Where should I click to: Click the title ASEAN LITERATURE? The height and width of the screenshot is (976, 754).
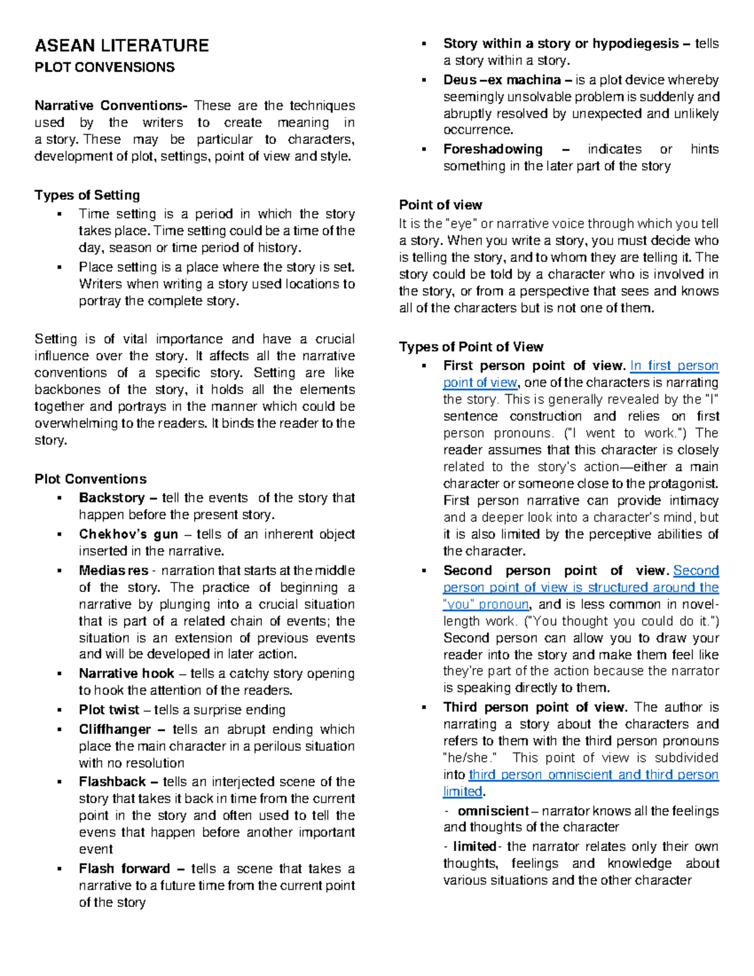click(x=121, y=45)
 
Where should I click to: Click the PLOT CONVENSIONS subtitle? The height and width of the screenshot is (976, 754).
click(x=104, y=67)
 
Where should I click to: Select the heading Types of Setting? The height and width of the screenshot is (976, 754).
click(x=87, y=195)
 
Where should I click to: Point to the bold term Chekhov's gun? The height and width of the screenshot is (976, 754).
click(x=128, y=534)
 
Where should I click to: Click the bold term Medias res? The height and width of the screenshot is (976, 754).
click(x=113, y=571)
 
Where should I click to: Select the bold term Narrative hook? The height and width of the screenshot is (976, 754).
click(x=126, y=673)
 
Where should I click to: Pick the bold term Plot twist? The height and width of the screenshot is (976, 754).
click(x=109, y=710)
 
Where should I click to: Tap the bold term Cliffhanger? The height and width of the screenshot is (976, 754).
click(x=115, y=729)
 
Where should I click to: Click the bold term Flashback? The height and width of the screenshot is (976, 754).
click(x=112, y=782)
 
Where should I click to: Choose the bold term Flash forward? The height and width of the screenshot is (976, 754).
click(x=124, y=869)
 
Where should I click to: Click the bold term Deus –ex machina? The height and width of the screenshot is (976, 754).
click(x=502, y=80)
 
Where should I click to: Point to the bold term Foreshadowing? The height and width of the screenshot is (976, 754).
click(x=493, y=149)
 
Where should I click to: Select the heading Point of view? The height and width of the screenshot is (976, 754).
click(x=440, y=205)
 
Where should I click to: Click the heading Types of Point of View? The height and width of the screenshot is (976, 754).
click(x=471, y=347)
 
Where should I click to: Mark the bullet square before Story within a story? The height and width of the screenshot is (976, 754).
click(x=425, y=44)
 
